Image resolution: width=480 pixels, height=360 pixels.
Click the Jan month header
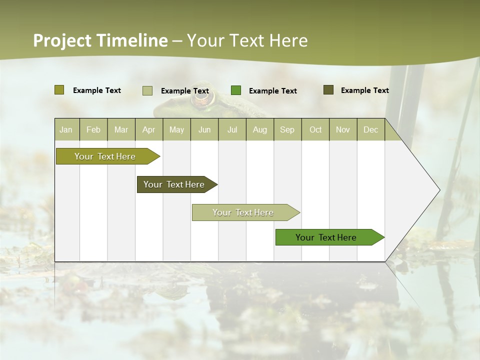click(x=66, y=129)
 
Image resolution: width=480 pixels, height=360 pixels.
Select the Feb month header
click(x=93, y=129)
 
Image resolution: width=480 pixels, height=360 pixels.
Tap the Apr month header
click(x=148, y=129)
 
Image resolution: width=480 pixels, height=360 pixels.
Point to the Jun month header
click(x=204, y=129)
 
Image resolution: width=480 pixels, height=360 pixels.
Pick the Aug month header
click(x=259, y=129)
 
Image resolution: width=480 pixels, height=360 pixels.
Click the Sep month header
click(x=287, y=129)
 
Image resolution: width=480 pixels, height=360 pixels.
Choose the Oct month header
click(x=315, y=129)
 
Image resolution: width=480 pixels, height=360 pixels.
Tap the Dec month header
click(x=370, y=129)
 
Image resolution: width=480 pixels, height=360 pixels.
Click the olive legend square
click(x=59, y=90)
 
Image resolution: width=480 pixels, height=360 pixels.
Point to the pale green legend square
click(x=147, y=90)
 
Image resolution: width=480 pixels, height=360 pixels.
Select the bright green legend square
click(x=236, y=90)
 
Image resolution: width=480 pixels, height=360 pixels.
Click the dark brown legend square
click(x=328, y=90)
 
